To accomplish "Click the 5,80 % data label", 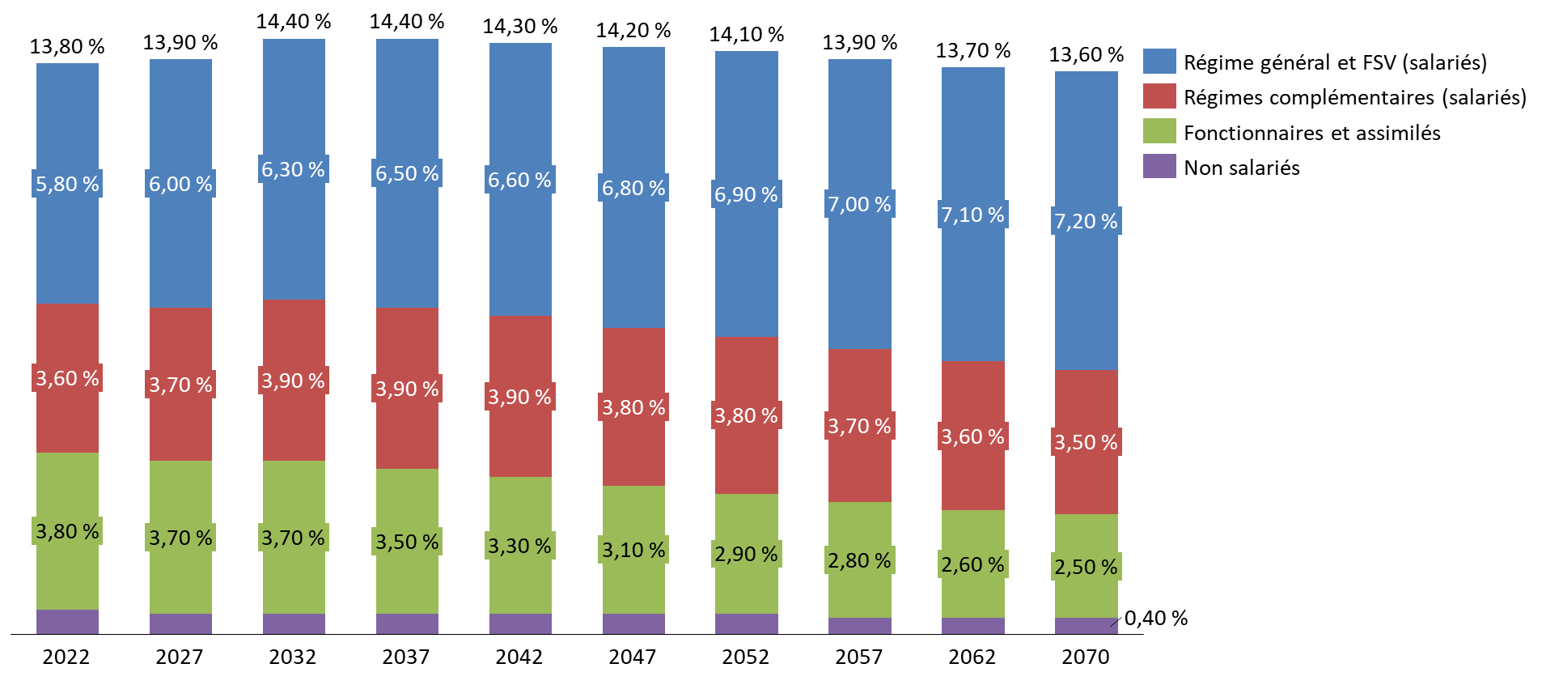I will (67, 184).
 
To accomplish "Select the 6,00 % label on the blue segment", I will (180, 184).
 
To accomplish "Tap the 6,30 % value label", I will (293, 169).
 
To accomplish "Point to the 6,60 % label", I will (519, 180).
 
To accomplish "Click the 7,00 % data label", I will (859, 204).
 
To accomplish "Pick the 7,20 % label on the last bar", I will (1086, 221).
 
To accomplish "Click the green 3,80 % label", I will (67, 531).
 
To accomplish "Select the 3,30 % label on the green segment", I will (519, 546).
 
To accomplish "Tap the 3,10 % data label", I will (633, 550).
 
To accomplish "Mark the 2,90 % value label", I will (746, 554).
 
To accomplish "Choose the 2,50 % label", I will (1086, 567).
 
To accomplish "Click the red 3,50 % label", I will (1086, 442).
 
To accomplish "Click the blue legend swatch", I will (1159, 61).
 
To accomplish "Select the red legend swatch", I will (1159, 96).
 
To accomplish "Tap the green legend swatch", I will (1159, 130).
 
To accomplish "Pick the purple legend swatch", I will (1159, 166).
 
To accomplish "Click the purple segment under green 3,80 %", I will (67, 622).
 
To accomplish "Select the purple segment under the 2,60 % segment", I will (972, 626).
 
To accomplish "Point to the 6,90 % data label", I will (746, 194).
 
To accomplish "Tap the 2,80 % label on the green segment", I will (859, 560).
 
